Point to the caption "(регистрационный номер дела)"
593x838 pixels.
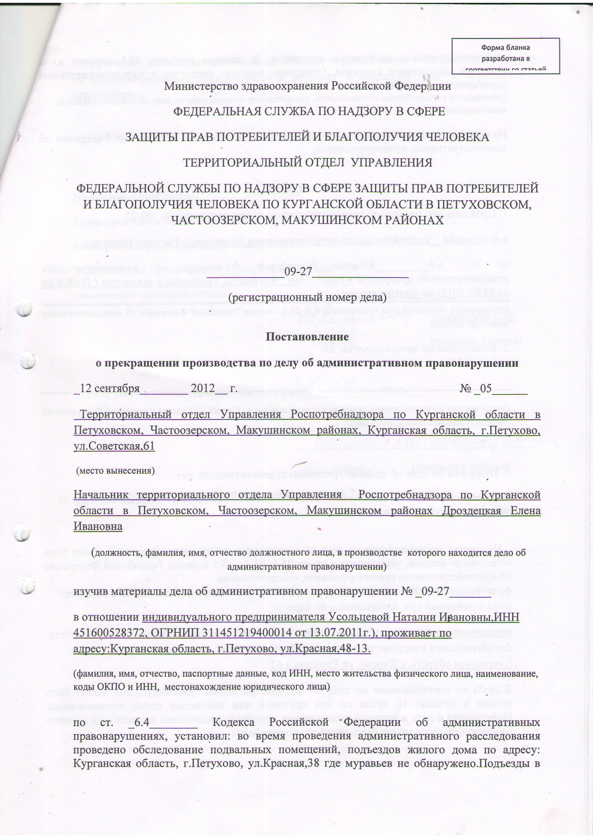pyautogui.click(x=307, y=297)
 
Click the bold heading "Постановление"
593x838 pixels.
pyautogui.click(x=307, y=336)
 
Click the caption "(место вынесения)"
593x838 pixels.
pyautogui.click(x=115, y=470)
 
